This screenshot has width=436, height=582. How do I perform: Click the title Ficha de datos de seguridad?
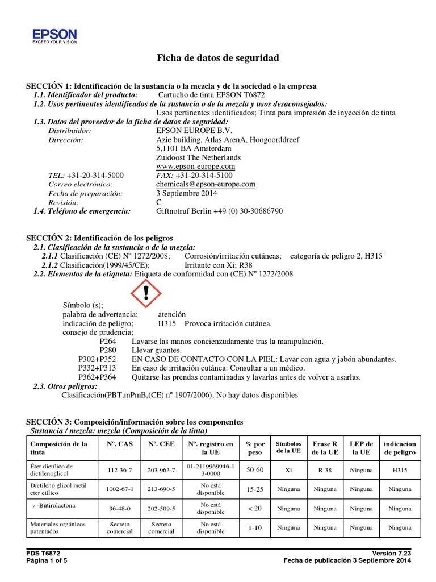[217, 59]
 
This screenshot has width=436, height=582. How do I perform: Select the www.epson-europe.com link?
[195, 166]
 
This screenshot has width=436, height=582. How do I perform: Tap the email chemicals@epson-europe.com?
[206, 184]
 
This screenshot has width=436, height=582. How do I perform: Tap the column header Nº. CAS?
[120, 444]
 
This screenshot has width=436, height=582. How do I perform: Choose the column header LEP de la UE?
[361, 448]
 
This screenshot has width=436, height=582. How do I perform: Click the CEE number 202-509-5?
[161, 509]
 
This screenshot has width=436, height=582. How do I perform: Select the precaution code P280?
[107, 350]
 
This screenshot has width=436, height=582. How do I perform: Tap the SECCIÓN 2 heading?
[99, 238]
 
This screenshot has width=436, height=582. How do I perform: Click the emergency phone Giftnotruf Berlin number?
[219, 211]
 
